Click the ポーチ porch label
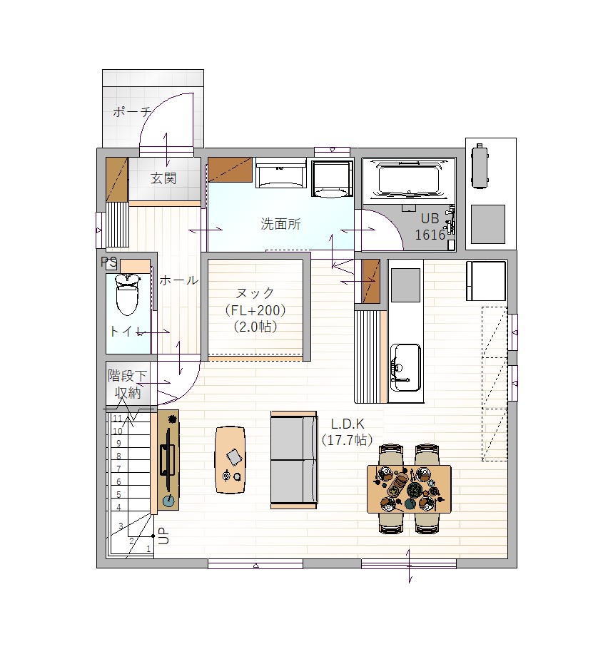pyautogui.click(x=131, y=112)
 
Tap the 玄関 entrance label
pyautogui.click(x=163, y=178)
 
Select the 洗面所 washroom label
pyautogui.click(x=280, y=224)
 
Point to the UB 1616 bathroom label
pyautogui.click(x=430, y=227)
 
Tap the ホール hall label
pyautogui.click(x=178, y=280)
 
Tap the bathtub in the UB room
pyautogui.click(x=409, y=179)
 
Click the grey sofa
pyautogui.click(x=293, y=460)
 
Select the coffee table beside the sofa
pyautogui.click(x=230, y=460)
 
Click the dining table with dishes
pyautogui.click(x=409, y=489)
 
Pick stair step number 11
pyautogui.click(x=118, y=419)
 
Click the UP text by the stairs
pyautogui.click(x=164, y=536)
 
